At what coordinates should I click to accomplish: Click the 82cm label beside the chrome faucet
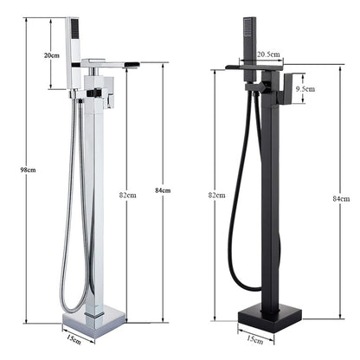(x=127, y=195)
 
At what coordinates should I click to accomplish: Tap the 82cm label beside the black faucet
(x=216, y=196)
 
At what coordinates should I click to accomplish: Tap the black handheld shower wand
(x=243, y=43)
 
